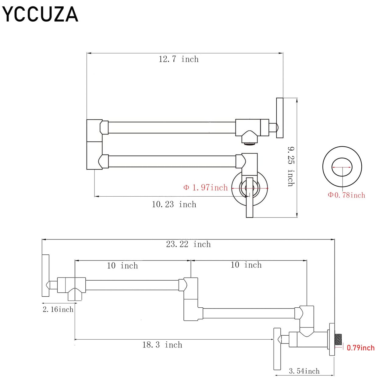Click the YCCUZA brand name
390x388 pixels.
(40, 14)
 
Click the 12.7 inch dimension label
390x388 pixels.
(179, 59)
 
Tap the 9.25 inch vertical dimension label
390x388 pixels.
(291, 166)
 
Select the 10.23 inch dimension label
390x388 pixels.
(174, 204)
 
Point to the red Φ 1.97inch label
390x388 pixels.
(206, 188)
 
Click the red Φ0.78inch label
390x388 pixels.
(346, 195)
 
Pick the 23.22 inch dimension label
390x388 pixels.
(188, 244)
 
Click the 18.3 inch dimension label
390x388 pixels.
(162, 345)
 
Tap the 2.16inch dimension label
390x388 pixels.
(58, 309)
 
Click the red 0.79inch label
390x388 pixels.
(361, 348)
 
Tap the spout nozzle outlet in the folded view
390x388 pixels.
(250, 144)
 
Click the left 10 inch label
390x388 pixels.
(122, 266)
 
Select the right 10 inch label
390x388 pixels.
(246, 265)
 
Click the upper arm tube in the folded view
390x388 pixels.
(172, 128)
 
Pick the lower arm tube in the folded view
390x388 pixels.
(172, 161)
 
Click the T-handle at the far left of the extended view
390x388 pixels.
(45, 276)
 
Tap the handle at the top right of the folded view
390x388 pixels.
(280, 118)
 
